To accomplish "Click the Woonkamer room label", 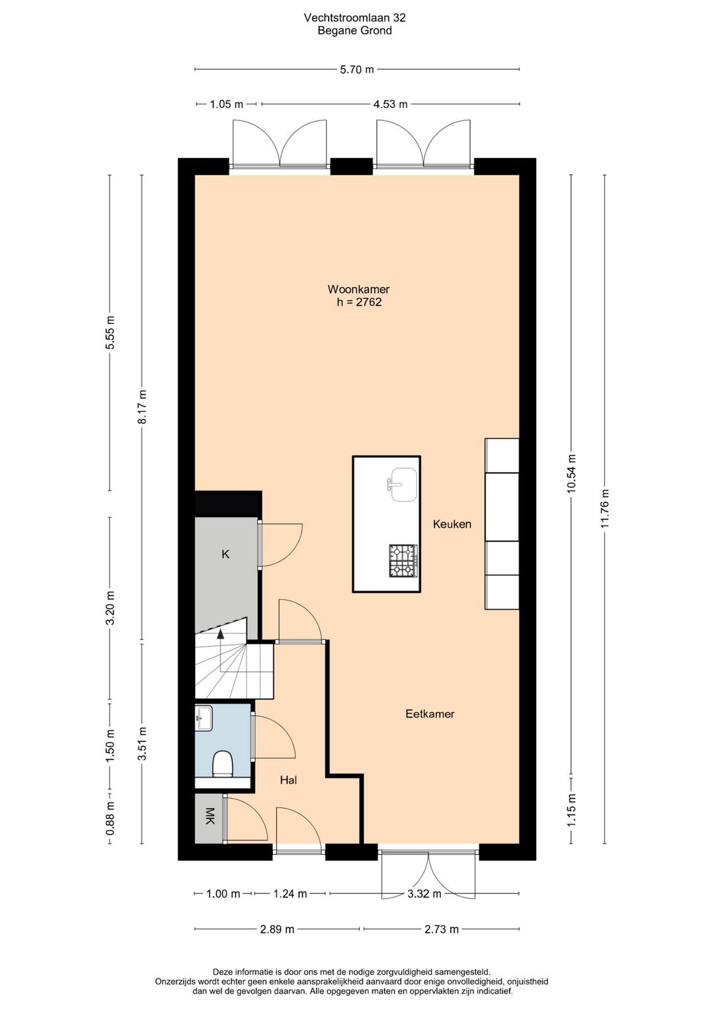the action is [358, 289].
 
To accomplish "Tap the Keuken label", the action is [452, 524].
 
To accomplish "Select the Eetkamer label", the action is [430, 713].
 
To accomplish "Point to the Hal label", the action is [288, 780].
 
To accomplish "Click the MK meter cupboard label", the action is [210, 816].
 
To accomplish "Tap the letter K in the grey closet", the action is [225, 554].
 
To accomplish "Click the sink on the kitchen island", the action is [403, 484].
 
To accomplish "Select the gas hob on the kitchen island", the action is [403, 561].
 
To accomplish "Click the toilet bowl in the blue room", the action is [221, 763].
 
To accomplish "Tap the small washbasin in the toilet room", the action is [204, 718].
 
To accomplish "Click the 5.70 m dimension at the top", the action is [357, 69].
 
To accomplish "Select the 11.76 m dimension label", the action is [604, 508].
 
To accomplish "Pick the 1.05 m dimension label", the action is [226, 104].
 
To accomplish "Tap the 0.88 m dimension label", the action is [110, 817].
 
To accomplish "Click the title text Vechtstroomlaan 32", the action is [354, 18].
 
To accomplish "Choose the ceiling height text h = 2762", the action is [359, 302].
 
